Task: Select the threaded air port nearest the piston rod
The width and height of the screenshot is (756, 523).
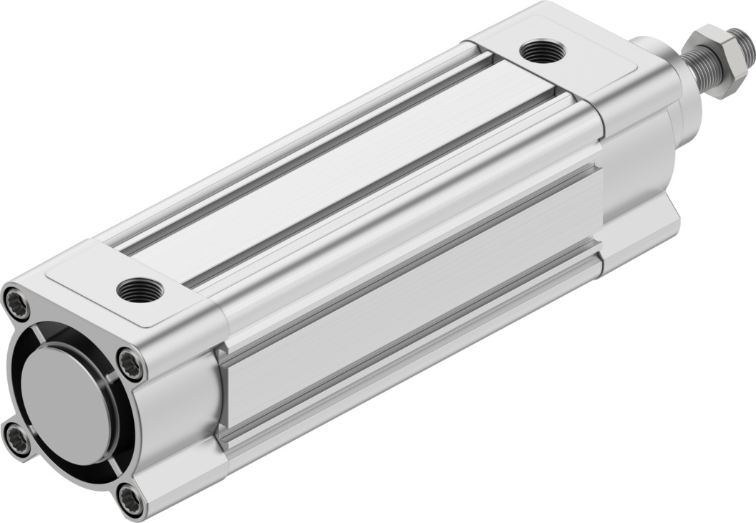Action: tap(542, 52)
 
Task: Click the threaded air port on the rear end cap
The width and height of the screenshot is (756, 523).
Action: tap(140, 289)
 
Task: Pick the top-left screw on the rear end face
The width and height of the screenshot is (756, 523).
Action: tap(16, 304)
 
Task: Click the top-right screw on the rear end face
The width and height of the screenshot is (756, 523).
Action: tap(130, 365)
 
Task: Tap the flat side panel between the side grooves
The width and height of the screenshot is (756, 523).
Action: tap(408, 301)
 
